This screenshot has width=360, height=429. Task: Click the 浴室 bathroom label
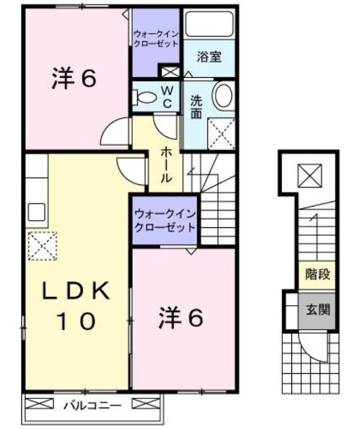209,57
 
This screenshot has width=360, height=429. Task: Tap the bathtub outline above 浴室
209,24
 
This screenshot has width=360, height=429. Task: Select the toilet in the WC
145,97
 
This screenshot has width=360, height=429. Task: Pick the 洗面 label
196,107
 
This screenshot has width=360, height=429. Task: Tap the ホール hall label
166,165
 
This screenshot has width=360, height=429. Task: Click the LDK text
76,290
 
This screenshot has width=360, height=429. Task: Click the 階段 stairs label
318,274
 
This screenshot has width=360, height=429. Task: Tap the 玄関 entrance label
318,310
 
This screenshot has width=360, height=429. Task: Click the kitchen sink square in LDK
36,212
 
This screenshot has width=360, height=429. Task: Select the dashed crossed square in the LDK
42,246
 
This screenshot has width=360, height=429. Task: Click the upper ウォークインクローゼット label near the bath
156,39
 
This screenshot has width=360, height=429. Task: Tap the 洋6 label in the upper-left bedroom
74,78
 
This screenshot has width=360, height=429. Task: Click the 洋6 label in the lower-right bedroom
181,317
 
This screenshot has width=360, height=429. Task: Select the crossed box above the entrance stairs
310,175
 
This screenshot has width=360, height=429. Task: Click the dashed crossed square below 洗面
221,134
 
